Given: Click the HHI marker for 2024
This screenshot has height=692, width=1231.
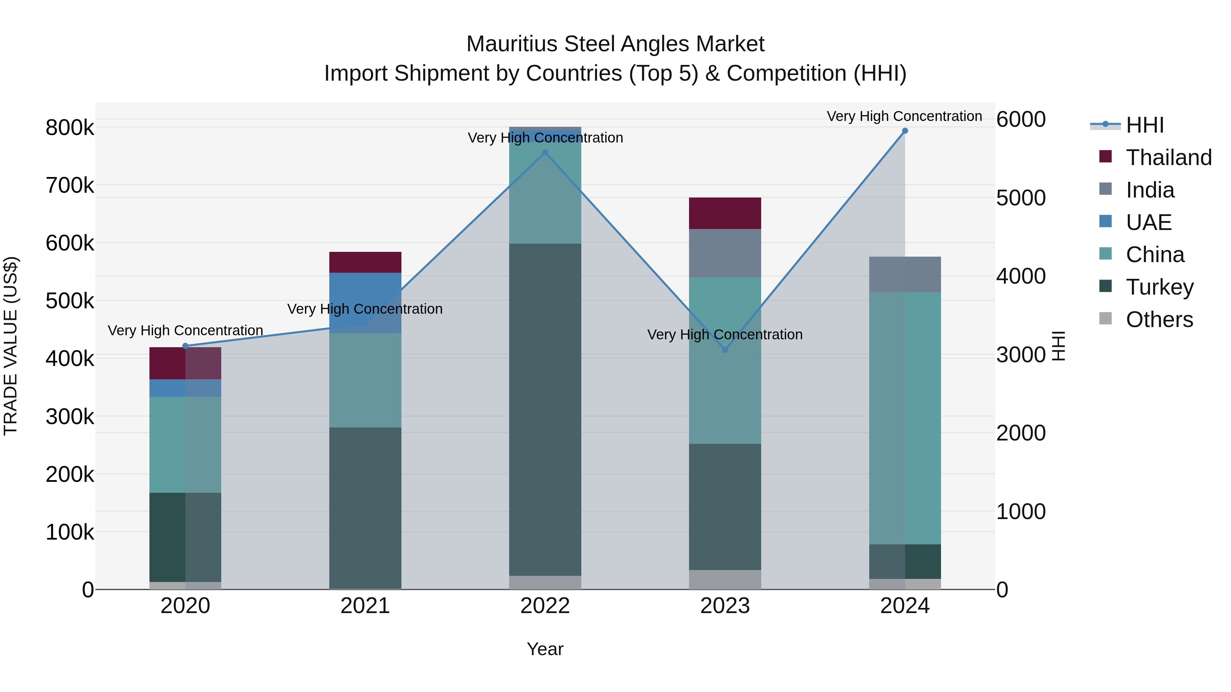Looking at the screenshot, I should pyautogui.click(x=904, y=131).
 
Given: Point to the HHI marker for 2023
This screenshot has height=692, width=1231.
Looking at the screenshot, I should pyautogui.click(x=725, y=350).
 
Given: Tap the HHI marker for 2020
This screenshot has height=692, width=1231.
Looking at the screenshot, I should pyautogui.click(x=185, y=346).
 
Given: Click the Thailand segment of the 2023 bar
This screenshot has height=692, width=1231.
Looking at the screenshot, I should pyautogui.click(x=725, y=213).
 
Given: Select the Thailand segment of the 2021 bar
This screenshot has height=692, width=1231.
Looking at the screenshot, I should pyautogui.click(x=365, y=262).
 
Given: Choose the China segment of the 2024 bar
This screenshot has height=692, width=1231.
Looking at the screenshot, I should pyautogui.click(x=904, y=418).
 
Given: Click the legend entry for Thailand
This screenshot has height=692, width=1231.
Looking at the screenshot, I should pyautogui.click(x=1168, y=158).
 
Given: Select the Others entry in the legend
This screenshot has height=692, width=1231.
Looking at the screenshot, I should pyautogui.click(x=1159, y=320).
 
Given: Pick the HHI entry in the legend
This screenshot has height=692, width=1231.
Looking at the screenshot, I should pyautogui.click(x=1144, y=125).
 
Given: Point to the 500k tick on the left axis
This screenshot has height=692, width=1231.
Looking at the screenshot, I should pyautogui.click(x=70, y=301).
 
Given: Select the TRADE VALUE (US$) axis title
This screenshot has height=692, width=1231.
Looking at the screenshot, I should pyautogui.click(x=11, y=346).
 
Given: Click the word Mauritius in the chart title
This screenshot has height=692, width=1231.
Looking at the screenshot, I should pyautogui.click(x=512, y=44).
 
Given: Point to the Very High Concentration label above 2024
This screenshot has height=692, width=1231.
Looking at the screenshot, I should pyautogui.click(x=904, y=116).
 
